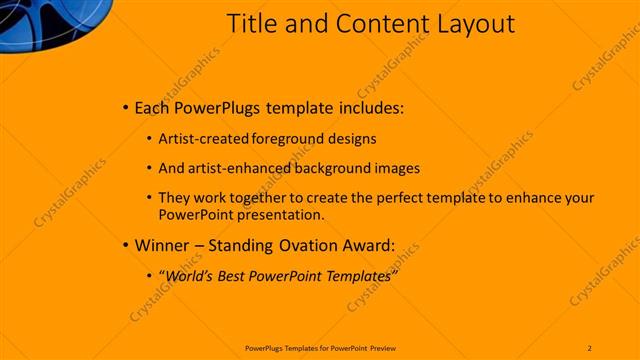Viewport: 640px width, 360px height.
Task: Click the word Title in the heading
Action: pyautogui.click(x=251, y=23)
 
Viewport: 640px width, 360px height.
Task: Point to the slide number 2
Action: pyautogui.click(x=590, y=347)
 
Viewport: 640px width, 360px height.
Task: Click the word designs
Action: pyautogui.click(x=354, y=139)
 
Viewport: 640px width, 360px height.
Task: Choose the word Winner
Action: pyautogui.click(x=158, y=245)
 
